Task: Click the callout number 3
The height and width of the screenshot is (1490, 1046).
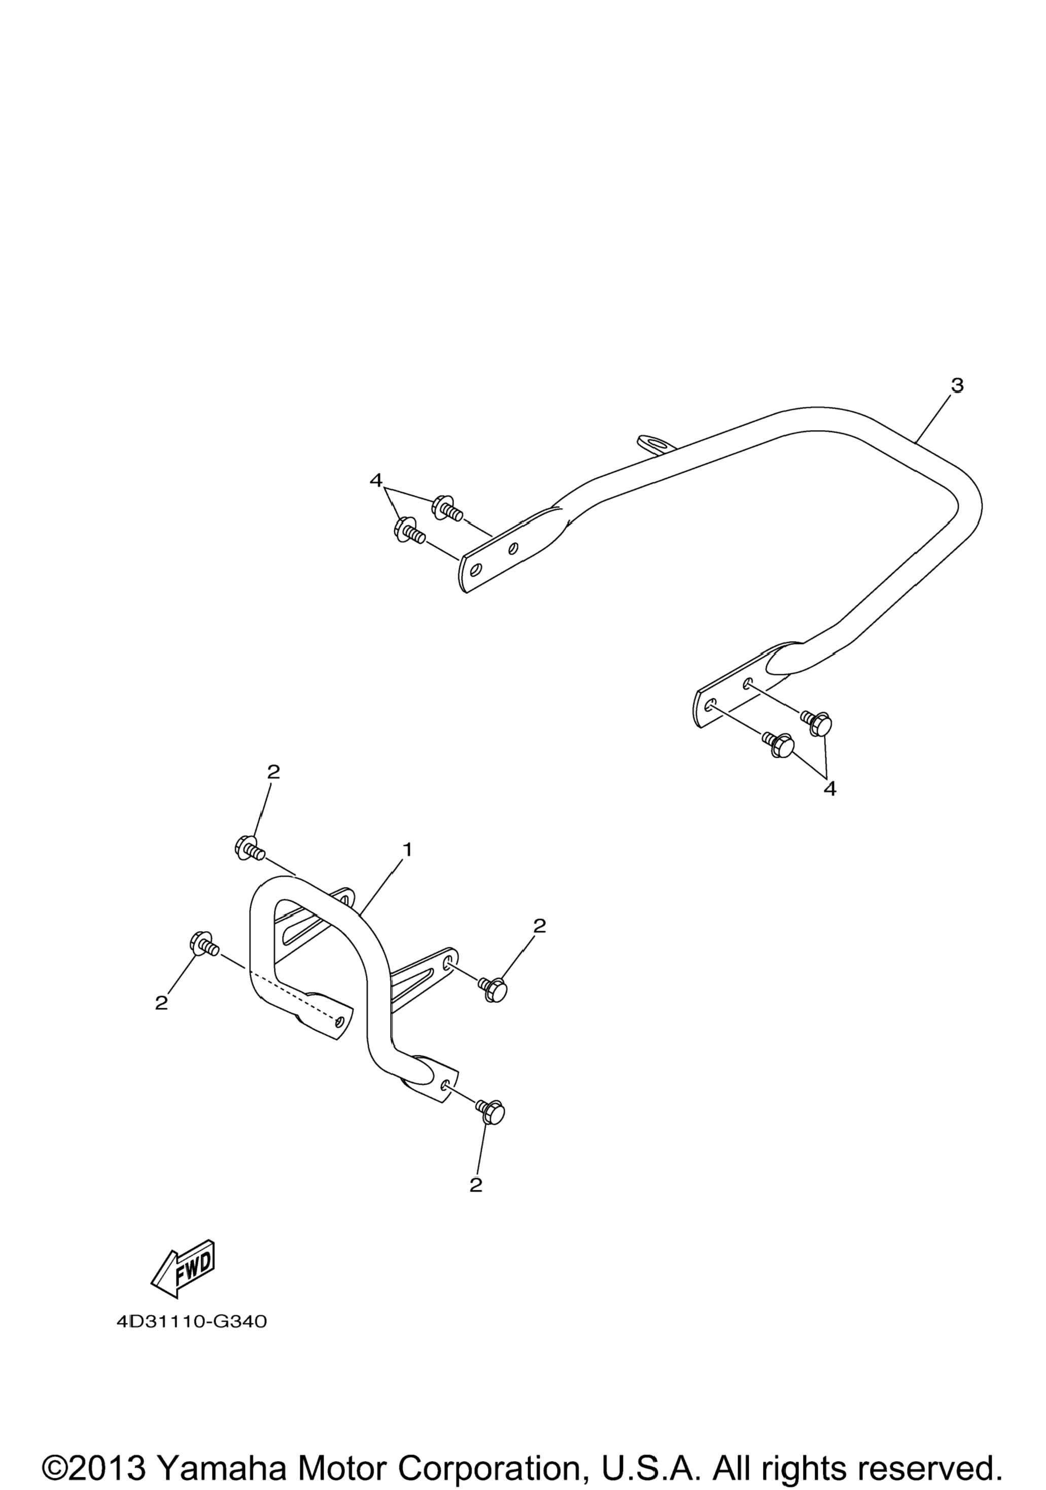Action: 957,385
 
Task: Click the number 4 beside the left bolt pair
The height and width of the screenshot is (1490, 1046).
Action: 375,481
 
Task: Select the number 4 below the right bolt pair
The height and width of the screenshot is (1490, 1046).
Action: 830,789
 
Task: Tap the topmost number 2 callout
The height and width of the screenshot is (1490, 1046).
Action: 273,771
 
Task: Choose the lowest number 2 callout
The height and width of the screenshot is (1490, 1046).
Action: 476,1184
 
